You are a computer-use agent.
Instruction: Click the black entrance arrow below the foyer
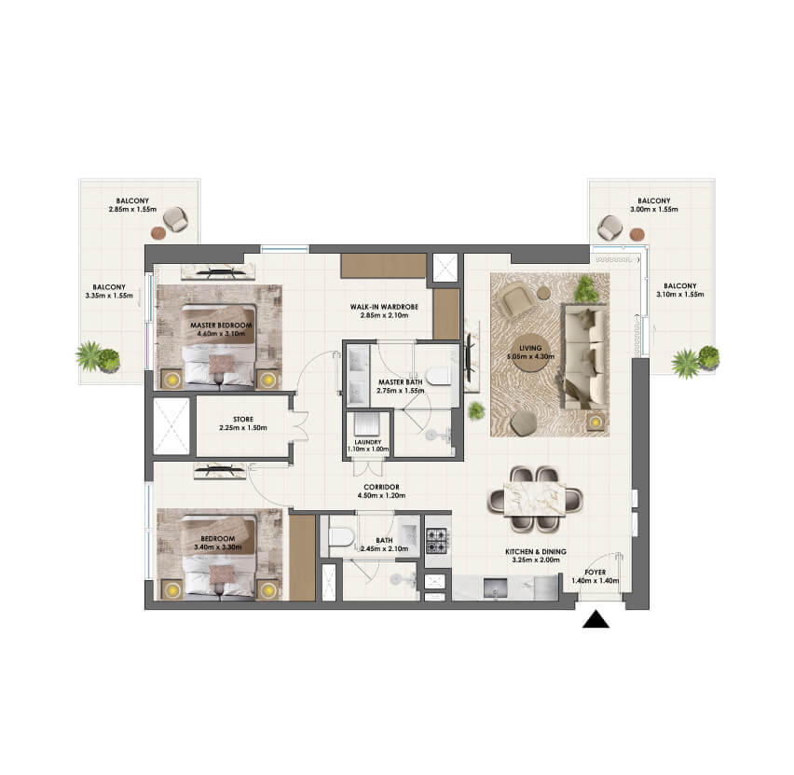(x=595, y=619)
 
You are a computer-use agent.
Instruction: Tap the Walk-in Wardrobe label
(x=384, y=307)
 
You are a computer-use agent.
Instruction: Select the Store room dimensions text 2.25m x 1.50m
(x=243, y=428)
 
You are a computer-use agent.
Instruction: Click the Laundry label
(x=368, y=442)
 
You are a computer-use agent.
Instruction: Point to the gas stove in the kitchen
(x=437, y=540)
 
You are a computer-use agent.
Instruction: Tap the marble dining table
(x=535, y=499)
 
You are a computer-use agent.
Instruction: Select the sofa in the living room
(x=585, y=356)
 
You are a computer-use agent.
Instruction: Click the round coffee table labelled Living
(x=530, y=353)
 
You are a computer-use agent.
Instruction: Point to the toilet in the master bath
(x=438, y=376)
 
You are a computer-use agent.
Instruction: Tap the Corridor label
(x=381, y=487)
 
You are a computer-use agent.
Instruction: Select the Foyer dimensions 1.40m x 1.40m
(x=595, y=581)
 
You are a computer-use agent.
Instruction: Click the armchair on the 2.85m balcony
(x=176, y=219)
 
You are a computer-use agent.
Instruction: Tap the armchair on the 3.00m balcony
(x=610, y=228)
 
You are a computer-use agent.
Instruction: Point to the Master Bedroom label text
(x=221, y=325)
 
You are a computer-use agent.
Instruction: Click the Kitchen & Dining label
(x=536, y=551)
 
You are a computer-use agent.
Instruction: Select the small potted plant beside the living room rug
(x=476, y=410)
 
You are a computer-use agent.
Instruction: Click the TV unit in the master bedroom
(x=218, y=272)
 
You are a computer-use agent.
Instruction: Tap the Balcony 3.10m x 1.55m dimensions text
(x=680, y=294)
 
